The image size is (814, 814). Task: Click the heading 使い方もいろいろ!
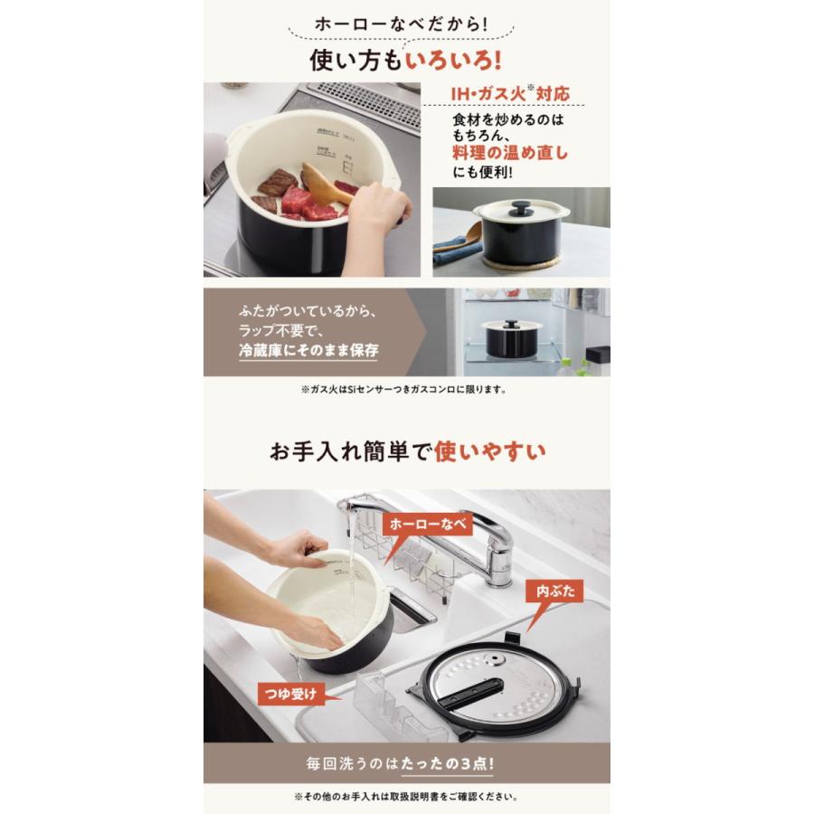406,61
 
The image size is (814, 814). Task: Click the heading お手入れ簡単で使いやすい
406,450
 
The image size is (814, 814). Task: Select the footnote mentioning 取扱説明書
406,797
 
